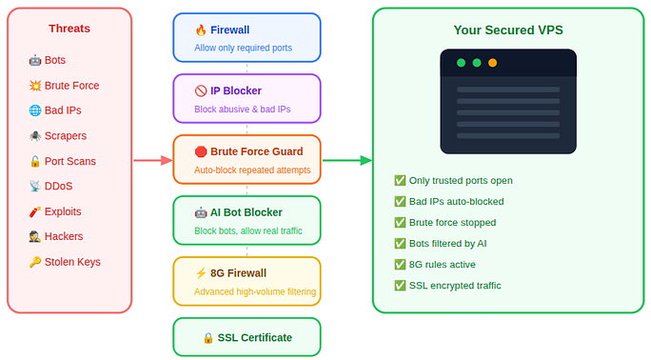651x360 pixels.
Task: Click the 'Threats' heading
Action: (x=69, y=29)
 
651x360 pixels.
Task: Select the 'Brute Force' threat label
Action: (x=71, y=86)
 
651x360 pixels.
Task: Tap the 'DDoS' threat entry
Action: (x=58, y=186)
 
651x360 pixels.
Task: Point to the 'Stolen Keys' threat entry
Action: (x=72, y=262)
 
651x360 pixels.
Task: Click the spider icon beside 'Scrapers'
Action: (x=35, y=136)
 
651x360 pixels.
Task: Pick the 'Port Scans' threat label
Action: (x=70, y=161)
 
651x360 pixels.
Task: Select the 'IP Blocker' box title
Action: (x=236, y=91)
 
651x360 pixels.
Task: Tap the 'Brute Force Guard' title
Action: (x=256, y=151)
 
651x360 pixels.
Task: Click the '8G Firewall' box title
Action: (x=239, y=273)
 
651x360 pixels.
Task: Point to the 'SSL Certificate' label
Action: (x=253, y=337)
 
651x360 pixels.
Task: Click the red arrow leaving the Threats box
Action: (x=151, y=160)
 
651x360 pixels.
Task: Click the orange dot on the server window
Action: (x=492, y=63)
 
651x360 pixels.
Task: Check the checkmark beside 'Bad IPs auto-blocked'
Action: (x=400, y=202)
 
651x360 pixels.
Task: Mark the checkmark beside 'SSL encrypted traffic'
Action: (x=400, y=285)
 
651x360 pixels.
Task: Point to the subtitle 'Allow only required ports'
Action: (x=244, y=48)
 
